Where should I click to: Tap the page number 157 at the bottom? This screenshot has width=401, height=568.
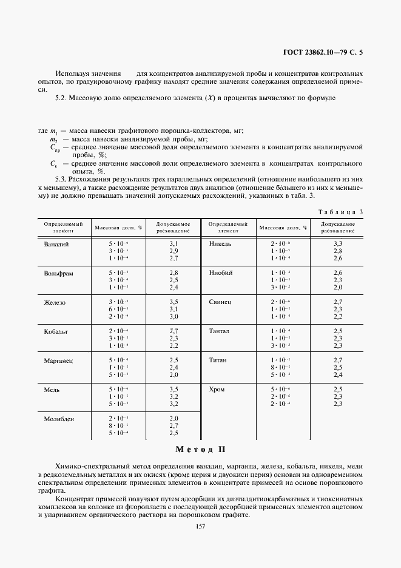click(x=200, y=526)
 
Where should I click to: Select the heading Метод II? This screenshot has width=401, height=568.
click(x=200, y=450)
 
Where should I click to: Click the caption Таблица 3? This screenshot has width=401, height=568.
click(x=340, y=212)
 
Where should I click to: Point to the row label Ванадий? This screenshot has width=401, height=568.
click(x=56, y=243)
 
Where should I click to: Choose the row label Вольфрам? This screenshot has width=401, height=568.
click(x=58, y=273)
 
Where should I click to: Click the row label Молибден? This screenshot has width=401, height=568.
click(x=59, y=419)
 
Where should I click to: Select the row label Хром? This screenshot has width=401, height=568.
click(x=217, y=389)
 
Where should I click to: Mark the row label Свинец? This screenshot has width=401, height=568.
click(x=220, y=302)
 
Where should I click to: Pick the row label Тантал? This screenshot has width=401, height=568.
click(x=219, y=331)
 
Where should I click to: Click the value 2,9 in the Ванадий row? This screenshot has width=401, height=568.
click(x=174, y=251)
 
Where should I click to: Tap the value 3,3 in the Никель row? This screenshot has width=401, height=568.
click(x=338, y=243)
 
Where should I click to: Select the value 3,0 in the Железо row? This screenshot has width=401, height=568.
click(x=174, y=316)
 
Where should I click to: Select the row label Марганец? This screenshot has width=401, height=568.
click(x=59, y=360)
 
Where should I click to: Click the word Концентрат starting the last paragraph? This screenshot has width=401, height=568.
click(x=73, y=498)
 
